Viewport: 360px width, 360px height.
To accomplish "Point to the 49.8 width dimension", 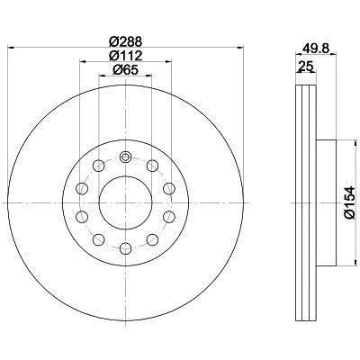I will coord(312,50).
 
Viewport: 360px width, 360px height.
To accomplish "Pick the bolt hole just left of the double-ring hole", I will coord(98,166).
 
